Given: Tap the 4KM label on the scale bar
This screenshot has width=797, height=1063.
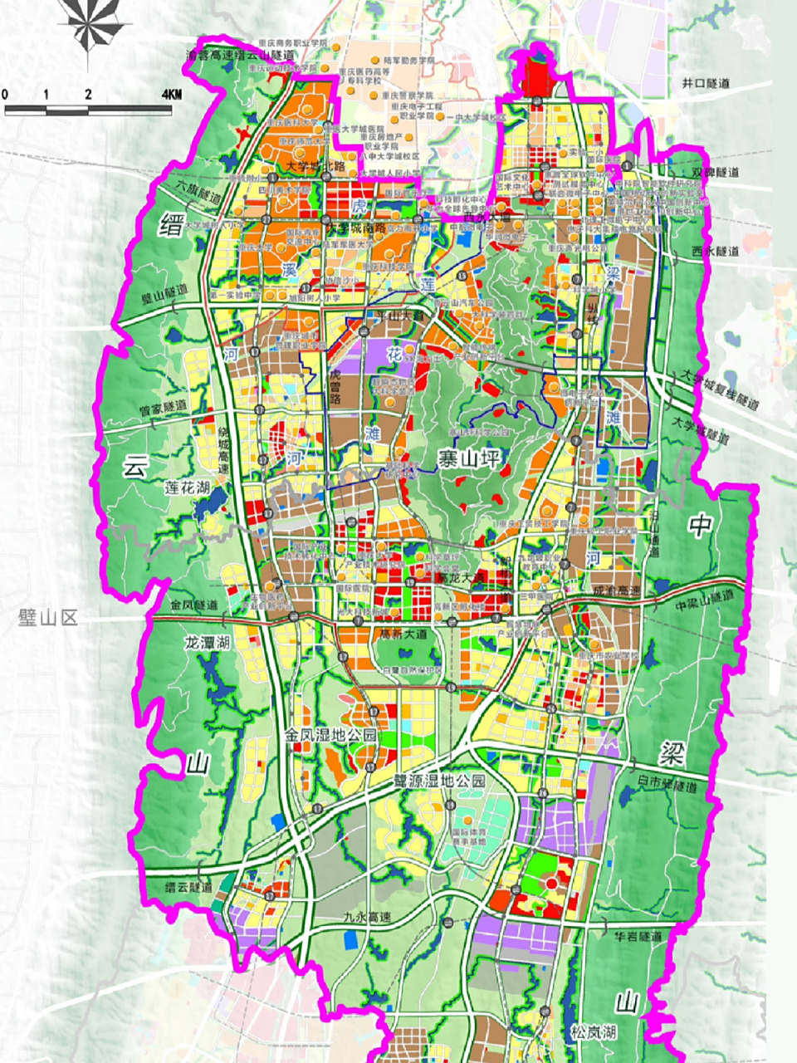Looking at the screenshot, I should point(171,94).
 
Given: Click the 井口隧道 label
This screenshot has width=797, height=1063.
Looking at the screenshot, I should point(705,84).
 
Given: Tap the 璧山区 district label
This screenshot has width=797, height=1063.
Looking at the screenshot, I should point(47,617).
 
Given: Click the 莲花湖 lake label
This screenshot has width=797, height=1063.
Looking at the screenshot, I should point(186,487).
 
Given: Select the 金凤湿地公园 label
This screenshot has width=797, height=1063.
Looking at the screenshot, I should point(330,735).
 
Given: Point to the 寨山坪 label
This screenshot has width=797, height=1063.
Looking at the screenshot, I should point(470,457).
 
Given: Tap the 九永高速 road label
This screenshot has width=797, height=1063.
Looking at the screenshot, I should point(366,918).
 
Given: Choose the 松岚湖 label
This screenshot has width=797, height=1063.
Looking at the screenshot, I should point(593,1032).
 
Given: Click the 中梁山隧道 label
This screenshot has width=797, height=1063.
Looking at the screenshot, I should point(705,596).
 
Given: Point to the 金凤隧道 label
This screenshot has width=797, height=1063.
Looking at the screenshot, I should point(192,605).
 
